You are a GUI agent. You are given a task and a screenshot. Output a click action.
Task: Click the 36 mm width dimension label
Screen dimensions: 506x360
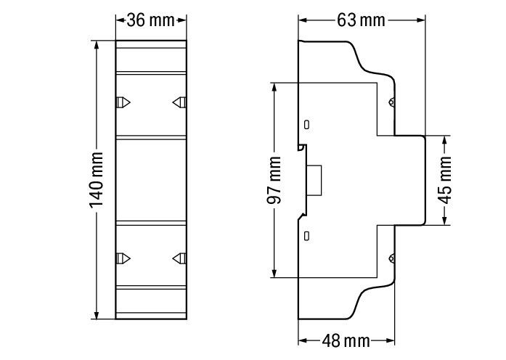(150, 20)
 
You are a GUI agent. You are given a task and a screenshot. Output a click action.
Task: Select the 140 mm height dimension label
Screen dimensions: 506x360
(97, 180)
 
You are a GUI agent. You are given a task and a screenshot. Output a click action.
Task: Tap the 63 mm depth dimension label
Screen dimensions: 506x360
(361, 20)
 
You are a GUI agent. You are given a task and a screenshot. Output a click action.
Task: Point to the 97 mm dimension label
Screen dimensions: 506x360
(274, 180)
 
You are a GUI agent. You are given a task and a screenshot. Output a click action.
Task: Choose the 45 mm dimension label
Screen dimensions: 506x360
(445, 180)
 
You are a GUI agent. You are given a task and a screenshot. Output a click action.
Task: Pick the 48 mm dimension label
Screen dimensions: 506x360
(346, 340)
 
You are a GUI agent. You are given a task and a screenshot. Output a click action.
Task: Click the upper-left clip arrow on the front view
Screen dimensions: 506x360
(123, 102)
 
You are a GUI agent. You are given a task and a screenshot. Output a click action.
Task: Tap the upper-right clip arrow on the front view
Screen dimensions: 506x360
(179, 102)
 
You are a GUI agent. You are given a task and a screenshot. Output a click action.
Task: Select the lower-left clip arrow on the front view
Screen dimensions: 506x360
(123, 258)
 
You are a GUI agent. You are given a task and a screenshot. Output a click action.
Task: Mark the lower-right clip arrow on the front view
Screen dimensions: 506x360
(179, 258)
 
